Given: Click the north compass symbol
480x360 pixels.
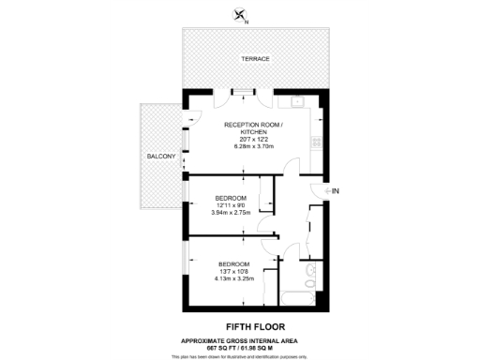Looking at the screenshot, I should [242, 13].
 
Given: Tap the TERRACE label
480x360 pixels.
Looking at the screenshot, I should [255, 59].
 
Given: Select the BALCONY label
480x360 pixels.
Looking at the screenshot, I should [160, 156].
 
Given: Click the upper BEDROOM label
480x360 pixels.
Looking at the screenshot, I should [231, 198].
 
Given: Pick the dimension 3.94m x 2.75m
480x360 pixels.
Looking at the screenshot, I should [231, 213].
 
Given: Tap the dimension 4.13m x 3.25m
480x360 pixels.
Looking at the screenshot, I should [234, 278].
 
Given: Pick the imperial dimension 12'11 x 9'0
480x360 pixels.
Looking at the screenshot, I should [231, 205].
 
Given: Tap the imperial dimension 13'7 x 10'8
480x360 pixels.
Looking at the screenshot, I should [234, 271].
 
